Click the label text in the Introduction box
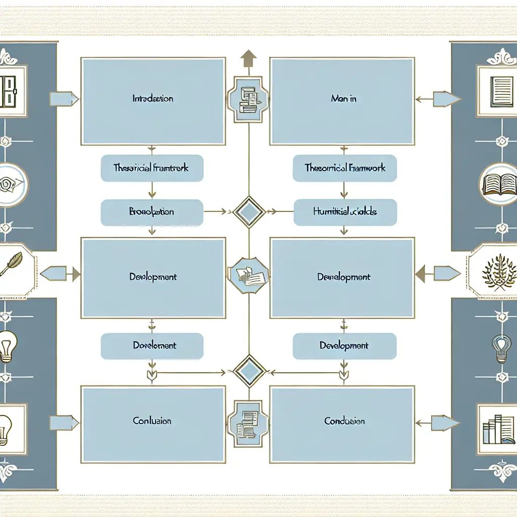[x=153, y=99]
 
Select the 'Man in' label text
[x=343, y=99]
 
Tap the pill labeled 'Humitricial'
[x=345, y=212]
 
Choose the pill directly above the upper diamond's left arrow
[x=152, y=168]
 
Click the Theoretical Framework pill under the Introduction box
[x=152, y=168]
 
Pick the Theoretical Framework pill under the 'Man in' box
[x=345, y=168]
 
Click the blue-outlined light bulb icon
[x=501, y=348]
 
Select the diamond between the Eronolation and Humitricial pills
[x=248, y=212]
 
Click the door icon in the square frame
[x=9, y=91]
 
